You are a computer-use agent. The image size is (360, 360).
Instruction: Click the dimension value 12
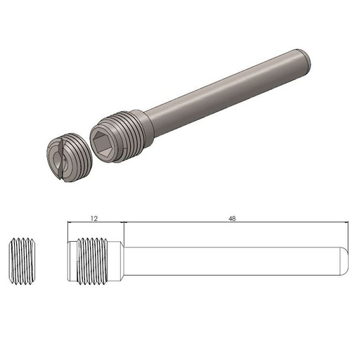[94, 218]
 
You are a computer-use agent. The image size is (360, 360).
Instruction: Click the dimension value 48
[232, 218]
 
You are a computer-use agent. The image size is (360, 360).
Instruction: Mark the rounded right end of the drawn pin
[345, 259]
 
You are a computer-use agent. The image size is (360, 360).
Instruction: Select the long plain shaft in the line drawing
[232, 259]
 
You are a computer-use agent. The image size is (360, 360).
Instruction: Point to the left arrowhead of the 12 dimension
[70, 224]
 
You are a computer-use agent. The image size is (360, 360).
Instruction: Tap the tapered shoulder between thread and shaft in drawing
[119, 259]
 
